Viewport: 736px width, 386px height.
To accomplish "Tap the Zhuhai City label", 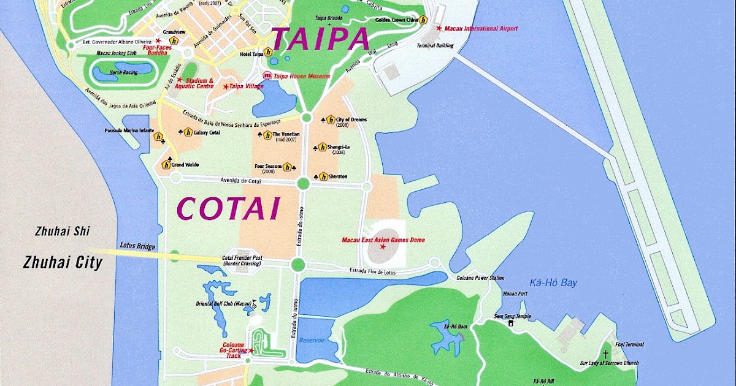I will [x=62, y=263].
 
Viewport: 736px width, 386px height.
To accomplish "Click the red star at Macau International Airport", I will [x=439, y=28].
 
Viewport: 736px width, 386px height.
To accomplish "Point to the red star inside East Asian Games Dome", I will [x=383, y=246].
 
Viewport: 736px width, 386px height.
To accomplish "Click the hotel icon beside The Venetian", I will [x=267, y=134].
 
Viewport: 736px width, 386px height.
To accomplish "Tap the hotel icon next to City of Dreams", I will [x=331, y=119].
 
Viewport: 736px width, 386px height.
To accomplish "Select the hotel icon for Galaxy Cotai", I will [x=188, y=132].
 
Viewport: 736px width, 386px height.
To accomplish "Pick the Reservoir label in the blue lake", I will [x=311, y=340].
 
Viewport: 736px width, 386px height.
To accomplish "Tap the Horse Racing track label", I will [x=122, y=72].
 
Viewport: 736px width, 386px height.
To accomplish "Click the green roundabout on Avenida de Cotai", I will [x=302, y=183].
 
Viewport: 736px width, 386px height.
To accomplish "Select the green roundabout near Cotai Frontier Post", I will [x=297, y=264].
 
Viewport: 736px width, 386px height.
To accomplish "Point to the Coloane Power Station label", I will [x=480, y=278].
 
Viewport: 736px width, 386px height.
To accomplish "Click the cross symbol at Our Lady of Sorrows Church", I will [x=605, y=354].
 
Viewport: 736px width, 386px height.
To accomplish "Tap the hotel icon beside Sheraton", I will [x=323, y=176].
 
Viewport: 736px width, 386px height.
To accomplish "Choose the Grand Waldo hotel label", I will [x=185, y=165].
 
